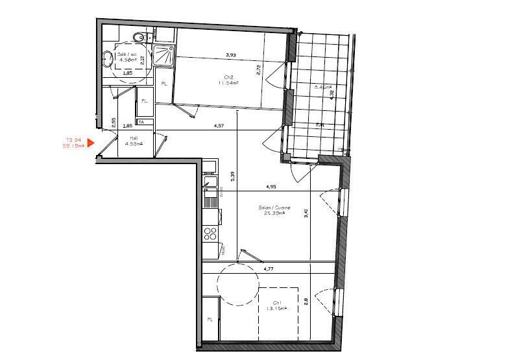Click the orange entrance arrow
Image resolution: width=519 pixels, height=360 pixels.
91,143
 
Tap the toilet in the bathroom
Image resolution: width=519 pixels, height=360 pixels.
137,37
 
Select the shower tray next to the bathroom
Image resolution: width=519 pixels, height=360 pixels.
164,56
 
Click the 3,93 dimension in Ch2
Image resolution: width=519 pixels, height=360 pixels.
230,54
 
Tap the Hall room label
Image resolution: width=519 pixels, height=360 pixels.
134,138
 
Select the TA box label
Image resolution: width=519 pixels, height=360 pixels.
141,122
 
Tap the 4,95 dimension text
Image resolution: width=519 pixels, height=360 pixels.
271,187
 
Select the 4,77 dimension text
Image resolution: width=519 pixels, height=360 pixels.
269,267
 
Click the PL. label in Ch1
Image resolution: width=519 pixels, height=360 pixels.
210,320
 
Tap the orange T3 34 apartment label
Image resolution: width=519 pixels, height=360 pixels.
73,139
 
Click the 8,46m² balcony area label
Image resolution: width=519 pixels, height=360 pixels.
322,87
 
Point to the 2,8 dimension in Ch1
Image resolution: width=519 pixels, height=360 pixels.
305,301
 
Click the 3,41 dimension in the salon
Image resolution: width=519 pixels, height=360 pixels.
306,212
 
